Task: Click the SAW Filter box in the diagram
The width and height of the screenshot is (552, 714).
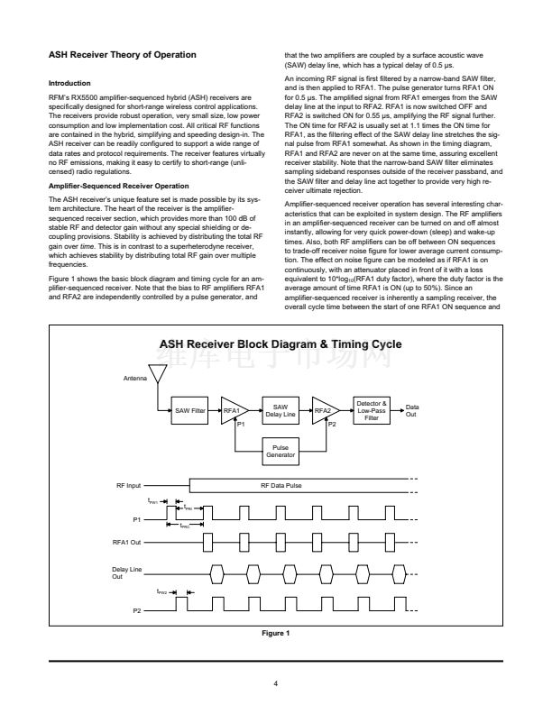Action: (191, 410)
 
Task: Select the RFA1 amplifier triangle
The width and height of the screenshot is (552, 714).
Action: (233, 410)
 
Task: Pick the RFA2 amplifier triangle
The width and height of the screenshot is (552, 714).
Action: (324, 410)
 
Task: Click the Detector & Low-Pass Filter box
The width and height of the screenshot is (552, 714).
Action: (373, 410)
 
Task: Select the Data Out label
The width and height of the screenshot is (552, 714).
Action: (412, 410)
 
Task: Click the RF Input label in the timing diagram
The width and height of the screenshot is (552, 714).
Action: (128, 485)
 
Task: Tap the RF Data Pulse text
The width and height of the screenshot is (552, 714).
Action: (281, 485)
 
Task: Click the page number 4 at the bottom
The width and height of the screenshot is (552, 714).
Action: (276, 682)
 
